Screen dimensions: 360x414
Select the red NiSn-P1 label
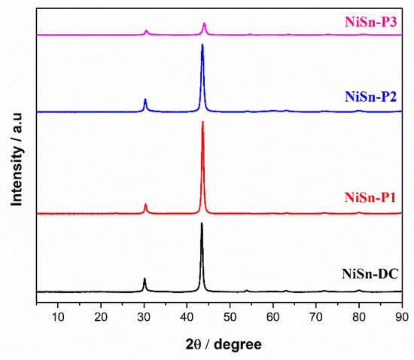(371, 198)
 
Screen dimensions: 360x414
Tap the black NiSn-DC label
(370, 276)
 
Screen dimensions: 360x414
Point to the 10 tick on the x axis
(58, 317)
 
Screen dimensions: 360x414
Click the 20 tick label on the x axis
(101, 317)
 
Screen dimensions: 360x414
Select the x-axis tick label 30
(144, 317)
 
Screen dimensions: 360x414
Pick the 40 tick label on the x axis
(187, 317)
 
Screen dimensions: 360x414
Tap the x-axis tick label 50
(230, 317)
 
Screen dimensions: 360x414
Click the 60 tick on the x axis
(273, 317)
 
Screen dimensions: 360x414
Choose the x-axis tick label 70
(316, 317)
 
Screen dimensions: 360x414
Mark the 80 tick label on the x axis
(359, 317)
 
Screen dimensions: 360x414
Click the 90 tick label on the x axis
(400, 317)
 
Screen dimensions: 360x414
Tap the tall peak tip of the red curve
(202, 122)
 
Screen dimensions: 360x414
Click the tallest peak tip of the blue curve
(202, 45)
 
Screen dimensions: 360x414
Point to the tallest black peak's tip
(201, 224)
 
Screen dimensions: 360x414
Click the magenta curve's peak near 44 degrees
(204, 23)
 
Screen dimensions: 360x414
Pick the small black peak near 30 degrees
(145, 279)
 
